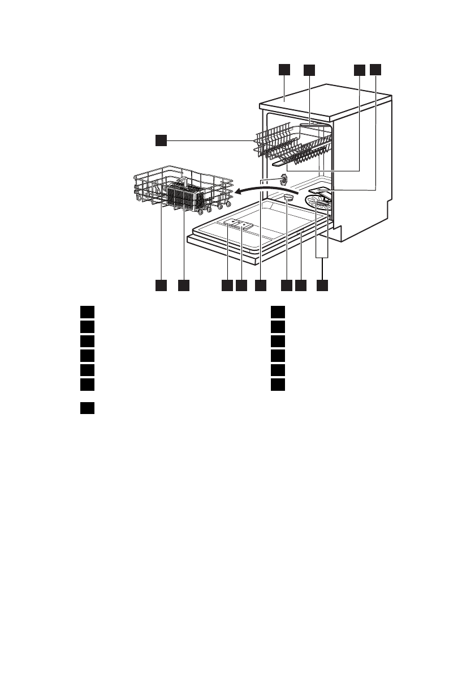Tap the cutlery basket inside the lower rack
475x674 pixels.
click(x=186, y=197)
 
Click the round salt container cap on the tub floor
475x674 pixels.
click(x=288, y=197)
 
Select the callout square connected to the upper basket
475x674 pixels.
click(x=161, y=139)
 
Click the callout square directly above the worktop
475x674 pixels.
click(x=284, y=70)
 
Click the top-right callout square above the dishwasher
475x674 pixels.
click(x=376, y=70)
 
